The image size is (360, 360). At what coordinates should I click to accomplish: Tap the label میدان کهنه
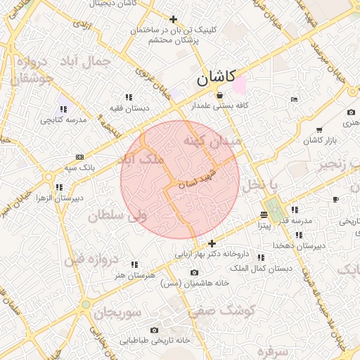point(212,141)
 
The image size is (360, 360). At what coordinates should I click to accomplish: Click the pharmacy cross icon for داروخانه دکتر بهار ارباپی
point(212,243)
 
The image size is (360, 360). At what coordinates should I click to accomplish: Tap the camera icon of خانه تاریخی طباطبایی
point(155,330)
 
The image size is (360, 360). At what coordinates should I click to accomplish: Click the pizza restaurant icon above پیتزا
point(264,214)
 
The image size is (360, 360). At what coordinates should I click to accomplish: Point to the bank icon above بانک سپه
point(79,157)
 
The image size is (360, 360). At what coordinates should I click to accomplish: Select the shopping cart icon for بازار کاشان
point(319,130)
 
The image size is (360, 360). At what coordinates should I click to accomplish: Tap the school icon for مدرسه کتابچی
point(63,109)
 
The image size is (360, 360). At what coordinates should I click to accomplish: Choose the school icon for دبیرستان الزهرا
point(59,187)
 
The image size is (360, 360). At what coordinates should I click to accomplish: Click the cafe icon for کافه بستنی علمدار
point(219,95)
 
